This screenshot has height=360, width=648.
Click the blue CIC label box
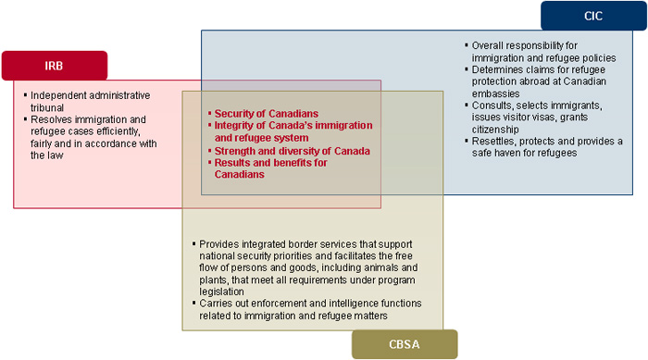[593, 16]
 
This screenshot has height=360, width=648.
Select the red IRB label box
[54, 66]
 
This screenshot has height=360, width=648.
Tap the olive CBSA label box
[404, 345]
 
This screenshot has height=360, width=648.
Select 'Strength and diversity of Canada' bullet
[293, 150]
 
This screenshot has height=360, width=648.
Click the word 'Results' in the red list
[234, 162]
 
